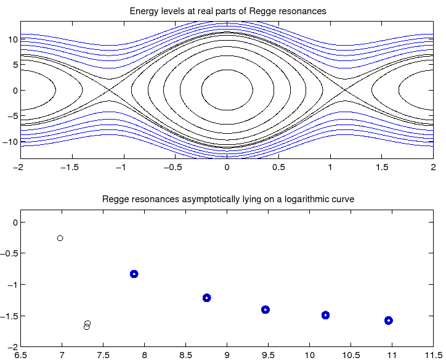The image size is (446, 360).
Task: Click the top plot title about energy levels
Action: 227,11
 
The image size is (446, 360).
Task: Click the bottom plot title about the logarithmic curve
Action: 227,200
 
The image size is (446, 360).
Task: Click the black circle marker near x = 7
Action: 60,238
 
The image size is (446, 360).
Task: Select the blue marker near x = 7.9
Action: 134,274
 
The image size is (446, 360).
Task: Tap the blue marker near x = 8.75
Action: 207,298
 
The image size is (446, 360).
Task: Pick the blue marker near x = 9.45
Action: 266,309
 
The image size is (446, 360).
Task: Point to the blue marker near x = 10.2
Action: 325,315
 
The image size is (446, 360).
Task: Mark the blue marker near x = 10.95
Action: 389,321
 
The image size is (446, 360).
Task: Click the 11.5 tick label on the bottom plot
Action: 433,354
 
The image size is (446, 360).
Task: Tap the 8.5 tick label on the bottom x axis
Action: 185,354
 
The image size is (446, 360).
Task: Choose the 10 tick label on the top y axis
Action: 12,38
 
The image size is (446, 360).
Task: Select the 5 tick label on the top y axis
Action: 14,64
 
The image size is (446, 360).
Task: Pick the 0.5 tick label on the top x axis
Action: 278,167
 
